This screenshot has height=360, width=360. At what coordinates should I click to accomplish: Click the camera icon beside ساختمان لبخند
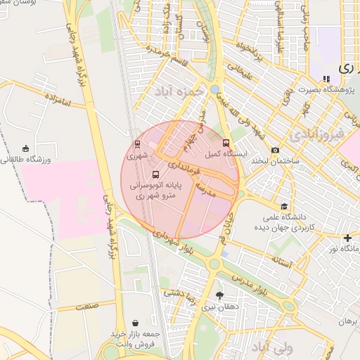pyautogui.click(x=275, y=150)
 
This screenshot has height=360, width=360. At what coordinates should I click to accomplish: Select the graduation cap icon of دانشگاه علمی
pyautogui.click(x=283, y=206)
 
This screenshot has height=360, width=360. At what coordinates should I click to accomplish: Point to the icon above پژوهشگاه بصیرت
pyautogui.click(x=325, y=79)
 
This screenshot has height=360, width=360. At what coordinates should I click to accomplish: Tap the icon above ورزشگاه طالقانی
pyautogui.click(x=26, y=148)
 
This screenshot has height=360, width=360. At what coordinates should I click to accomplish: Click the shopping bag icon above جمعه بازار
pyautogui.click(x=135, y=321)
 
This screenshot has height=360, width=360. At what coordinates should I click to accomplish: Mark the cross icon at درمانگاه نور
pyautogui.click(x=347, y=238)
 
